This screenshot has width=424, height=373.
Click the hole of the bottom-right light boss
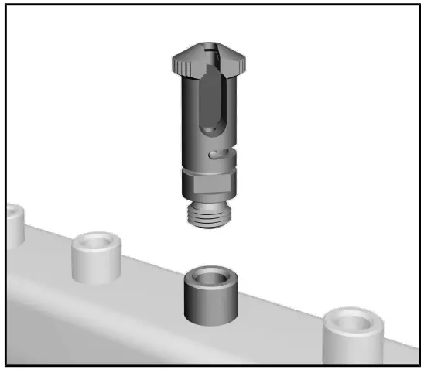click(353, 320)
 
